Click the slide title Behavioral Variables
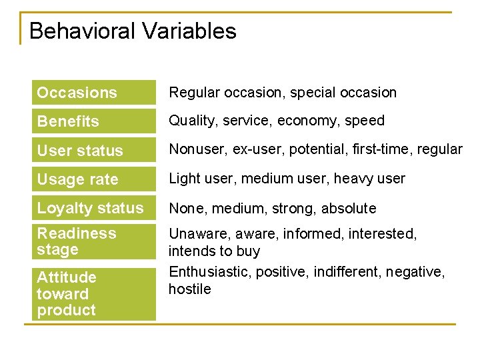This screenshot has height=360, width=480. (133, 31)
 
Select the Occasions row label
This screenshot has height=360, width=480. (77, 93)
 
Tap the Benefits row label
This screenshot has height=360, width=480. (68, 121)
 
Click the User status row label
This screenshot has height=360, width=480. (80, 151)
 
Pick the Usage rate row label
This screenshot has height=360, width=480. (77, 179)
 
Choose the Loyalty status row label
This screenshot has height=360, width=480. (90, 208)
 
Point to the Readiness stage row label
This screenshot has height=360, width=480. (76, 241)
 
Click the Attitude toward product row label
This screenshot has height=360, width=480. (67, 293)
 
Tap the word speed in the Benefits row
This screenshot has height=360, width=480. (366, 121)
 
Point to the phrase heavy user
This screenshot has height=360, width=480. (369, 179)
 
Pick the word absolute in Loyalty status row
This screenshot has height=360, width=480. (349, 208)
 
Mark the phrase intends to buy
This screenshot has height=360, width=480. (214, 251)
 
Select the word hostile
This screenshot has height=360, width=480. (189, 289)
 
